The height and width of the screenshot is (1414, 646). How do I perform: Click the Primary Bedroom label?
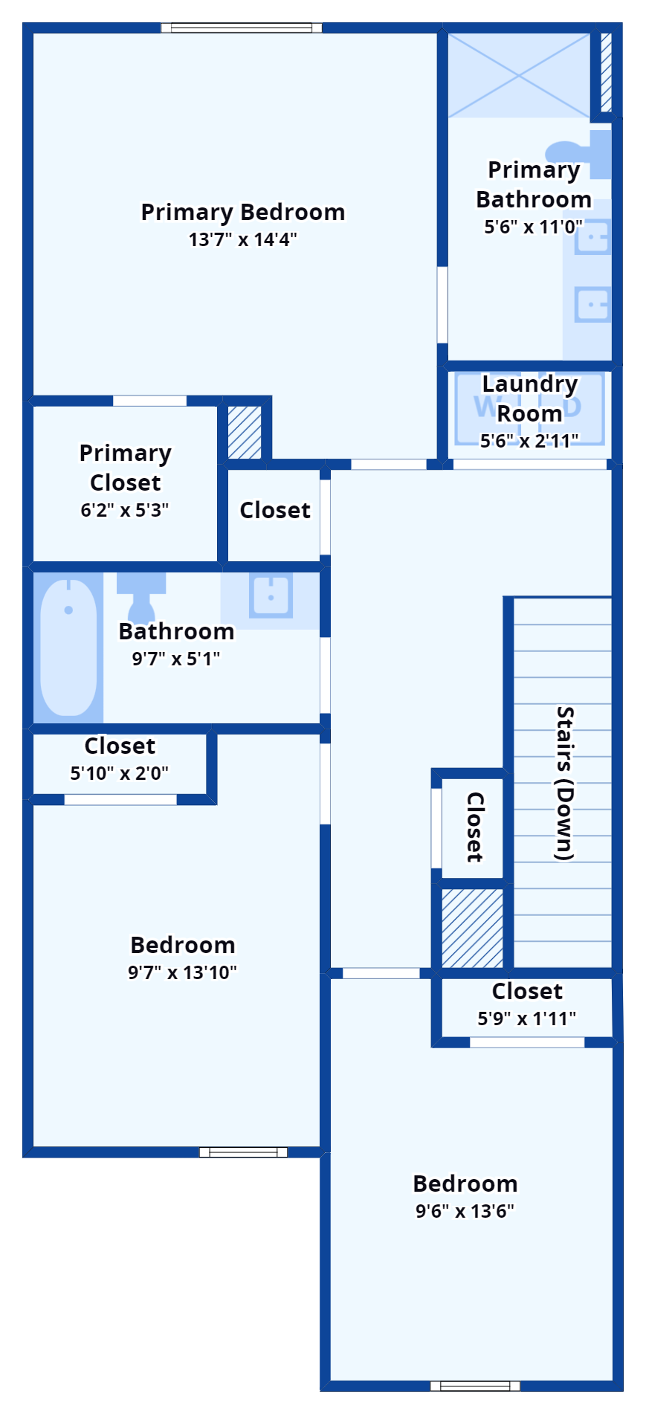[x=243, y=213]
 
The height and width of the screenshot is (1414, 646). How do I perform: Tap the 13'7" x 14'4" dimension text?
[x=243, y=239]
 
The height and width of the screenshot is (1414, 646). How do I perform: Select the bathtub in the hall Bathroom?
[x=68, y=648]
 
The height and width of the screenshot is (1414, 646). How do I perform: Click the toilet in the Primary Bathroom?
[x=579, y=153]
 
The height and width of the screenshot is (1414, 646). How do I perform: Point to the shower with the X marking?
[x=519, y=74]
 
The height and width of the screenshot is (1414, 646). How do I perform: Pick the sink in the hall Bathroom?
[x=271, y=596]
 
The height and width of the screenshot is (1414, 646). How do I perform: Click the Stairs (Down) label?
[x=566, y=784]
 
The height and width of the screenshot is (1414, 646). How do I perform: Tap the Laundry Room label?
[x=529, y=398]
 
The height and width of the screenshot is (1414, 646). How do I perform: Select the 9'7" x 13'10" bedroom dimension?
[x=182, y=972]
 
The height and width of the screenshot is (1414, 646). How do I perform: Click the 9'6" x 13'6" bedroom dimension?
[x=465, y=1211]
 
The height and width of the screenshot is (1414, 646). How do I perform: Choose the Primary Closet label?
[x=125, y=468]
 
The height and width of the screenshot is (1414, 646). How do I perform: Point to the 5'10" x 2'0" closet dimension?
[x=119, y=773]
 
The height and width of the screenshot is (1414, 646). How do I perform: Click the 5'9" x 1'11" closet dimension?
[x=526, y=1018]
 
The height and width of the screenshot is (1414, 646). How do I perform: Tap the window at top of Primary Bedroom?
[x=242, y=28]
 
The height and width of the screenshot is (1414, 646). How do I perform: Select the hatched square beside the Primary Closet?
[x=245, y=433]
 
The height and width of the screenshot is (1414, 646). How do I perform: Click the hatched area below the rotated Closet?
[x=472, y=928]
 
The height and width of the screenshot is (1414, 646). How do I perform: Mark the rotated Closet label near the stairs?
[x=475, y=827]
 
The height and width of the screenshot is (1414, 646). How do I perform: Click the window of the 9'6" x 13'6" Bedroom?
[x=475, y=1386]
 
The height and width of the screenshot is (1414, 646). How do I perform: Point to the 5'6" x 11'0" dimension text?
[x=533, y=227]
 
